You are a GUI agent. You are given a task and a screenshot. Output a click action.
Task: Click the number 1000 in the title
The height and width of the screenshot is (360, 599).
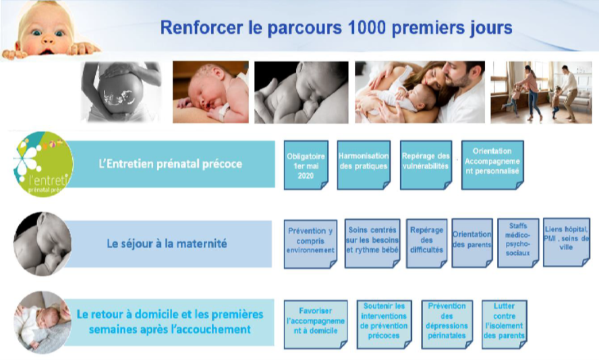368,28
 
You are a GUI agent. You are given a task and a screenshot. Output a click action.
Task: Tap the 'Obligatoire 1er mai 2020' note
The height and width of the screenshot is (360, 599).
306,165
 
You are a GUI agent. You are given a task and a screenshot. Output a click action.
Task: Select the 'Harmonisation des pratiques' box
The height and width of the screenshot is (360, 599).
364,165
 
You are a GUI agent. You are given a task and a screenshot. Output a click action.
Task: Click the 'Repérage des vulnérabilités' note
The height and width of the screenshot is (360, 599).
426,165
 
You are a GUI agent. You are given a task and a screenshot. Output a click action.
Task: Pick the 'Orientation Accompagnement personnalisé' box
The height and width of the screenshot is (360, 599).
492,165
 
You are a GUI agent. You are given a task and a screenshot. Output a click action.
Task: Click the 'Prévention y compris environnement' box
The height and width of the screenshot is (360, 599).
310,244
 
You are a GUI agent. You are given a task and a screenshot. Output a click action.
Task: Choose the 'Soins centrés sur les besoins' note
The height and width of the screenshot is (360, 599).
372,243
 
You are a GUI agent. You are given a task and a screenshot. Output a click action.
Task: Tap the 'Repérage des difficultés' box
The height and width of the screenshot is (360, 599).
427,243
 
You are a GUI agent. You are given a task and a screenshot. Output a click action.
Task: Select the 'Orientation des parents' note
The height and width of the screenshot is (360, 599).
472,243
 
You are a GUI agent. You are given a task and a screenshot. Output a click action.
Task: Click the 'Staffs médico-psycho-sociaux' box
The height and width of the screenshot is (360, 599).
518,243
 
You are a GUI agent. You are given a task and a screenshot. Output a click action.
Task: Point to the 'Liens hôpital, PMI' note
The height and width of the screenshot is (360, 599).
567,242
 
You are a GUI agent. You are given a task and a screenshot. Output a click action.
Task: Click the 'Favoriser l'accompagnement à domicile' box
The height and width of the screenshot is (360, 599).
316,324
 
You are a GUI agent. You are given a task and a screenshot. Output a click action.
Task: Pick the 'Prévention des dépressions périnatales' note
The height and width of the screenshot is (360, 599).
447,324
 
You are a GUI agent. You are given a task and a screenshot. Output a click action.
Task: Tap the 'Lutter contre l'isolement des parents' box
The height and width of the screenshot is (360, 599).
505,324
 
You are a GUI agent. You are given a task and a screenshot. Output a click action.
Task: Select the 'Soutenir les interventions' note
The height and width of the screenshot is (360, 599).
384,324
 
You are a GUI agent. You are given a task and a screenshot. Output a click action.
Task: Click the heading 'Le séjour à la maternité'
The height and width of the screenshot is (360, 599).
167,243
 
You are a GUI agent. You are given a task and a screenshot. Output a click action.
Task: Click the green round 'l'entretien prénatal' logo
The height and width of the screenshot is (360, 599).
43,164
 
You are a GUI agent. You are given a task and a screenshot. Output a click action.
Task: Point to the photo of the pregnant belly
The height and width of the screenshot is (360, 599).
121,92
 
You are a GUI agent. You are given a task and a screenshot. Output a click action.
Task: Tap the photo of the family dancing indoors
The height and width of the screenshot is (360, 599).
541,92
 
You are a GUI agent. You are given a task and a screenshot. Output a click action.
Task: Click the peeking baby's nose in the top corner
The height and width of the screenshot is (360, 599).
48,39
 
